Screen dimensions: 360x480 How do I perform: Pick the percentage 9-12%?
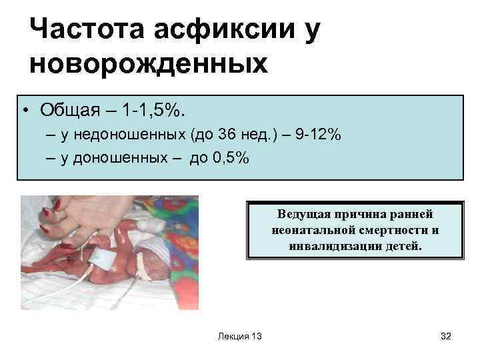tap(318, 135)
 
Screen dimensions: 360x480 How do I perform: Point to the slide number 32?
tap(446, 336)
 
